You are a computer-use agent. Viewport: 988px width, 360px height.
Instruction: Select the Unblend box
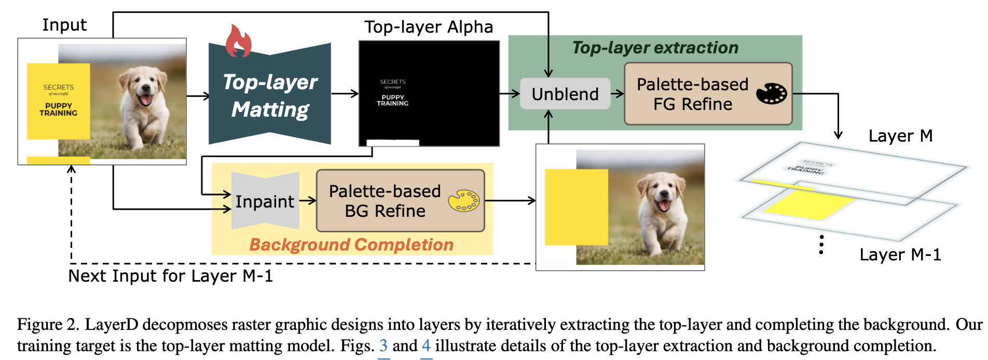(565, 94)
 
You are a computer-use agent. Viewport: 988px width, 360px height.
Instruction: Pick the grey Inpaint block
(265, 201)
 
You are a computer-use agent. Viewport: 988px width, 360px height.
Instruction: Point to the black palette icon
(771, 93)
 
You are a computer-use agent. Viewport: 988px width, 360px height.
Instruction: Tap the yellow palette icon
(463, 201)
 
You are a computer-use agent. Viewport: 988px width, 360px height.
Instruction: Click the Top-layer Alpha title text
(429, 27)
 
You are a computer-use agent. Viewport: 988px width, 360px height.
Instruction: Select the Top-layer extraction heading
(655, 48)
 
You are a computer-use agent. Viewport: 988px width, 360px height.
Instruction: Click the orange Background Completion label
(351, 244)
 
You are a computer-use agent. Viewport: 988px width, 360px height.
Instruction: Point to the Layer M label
(900, 136)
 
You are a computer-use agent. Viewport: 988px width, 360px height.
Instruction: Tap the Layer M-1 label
(900, 255)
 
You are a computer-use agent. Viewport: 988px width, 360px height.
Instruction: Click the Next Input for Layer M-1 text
(170, 276)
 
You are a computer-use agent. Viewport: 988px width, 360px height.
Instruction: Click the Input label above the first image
(64, 25)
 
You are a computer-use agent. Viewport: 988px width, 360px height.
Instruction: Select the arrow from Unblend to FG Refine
(617, 94)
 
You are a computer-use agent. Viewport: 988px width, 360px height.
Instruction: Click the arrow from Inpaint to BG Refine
(308, 201)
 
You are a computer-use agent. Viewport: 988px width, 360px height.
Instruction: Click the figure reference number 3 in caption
(383, 345)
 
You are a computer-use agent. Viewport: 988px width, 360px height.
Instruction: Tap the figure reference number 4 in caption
(426, 345)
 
